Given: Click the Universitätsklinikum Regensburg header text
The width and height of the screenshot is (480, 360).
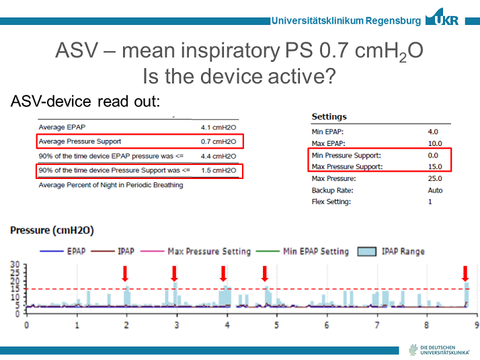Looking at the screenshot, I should (346, 20).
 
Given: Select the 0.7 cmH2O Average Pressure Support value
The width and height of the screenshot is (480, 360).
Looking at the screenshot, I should (218, 141).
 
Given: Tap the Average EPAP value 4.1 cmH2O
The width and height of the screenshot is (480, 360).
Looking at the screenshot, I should (218, 127).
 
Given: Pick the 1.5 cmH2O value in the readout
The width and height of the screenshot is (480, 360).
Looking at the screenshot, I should (218, 170).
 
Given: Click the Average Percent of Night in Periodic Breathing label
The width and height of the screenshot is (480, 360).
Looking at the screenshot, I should (111, 185).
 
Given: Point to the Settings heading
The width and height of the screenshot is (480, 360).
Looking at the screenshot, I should (329, 117).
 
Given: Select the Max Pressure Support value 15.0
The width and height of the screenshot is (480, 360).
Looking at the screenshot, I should (434, 166).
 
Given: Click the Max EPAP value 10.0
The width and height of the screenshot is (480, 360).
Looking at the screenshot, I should (434, 143).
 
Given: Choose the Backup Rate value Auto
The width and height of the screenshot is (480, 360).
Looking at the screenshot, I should (435, 190).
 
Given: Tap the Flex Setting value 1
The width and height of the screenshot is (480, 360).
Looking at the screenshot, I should (430, 202).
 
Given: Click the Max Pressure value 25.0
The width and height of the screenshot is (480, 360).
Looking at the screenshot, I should (434, 178).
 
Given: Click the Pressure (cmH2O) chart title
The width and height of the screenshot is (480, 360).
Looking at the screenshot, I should (52, 230).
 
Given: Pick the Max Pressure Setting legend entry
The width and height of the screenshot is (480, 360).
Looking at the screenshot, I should (198, 251).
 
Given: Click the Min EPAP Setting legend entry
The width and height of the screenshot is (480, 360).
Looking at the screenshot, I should (305, 251).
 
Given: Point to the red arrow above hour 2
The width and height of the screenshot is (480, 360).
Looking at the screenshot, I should (125, 273).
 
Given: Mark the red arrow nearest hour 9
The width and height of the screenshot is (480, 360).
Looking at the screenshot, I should (465, 273).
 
